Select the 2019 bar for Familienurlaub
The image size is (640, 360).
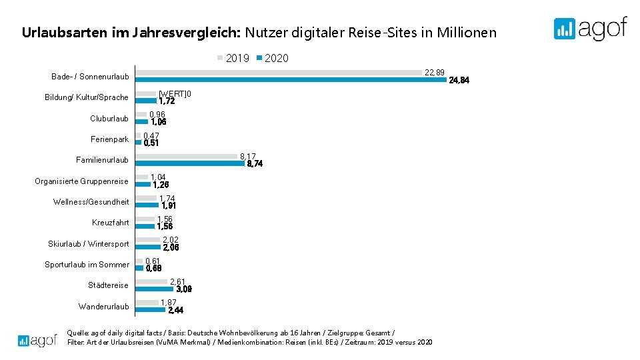187,156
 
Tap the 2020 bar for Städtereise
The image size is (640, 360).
155,289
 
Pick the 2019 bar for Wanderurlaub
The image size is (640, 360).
147,303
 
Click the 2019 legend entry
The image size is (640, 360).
233,59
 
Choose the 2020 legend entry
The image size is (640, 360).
273,59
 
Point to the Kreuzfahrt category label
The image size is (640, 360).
111,223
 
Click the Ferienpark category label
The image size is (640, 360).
110,139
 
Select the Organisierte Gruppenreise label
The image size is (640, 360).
82,181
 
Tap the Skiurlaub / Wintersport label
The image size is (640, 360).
89,244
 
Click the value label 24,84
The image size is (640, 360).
459,81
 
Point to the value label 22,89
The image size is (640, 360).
435,72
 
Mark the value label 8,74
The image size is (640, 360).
255,164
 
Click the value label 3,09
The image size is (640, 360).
184,289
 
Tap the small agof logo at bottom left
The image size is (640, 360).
37,340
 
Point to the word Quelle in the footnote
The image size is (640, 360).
75,332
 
